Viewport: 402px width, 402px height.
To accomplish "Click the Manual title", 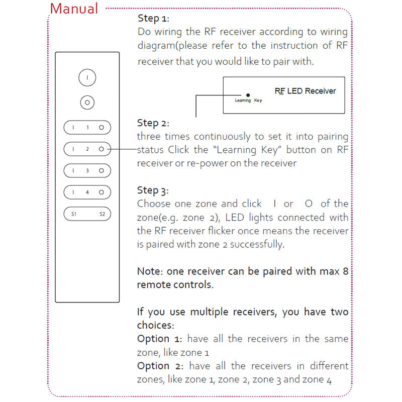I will coord(74,9).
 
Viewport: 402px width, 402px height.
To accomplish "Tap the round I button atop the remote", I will coord(87,78).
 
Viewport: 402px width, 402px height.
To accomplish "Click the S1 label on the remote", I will coord(73,214).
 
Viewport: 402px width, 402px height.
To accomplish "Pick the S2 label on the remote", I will coord(102,214).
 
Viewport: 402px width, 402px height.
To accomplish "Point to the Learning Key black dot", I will coord(248,94).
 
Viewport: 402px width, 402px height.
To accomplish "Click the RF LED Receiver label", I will coord(306,91).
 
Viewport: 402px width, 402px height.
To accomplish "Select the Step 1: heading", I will coord(153,19).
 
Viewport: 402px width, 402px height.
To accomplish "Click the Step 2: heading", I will coord(153,123).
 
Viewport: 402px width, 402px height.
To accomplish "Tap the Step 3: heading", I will coord(153,190).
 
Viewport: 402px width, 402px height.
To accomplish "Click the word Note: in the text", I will coord(151,271).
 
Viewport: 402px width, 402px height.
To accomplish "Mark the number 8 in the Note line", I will coord(345,271).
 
